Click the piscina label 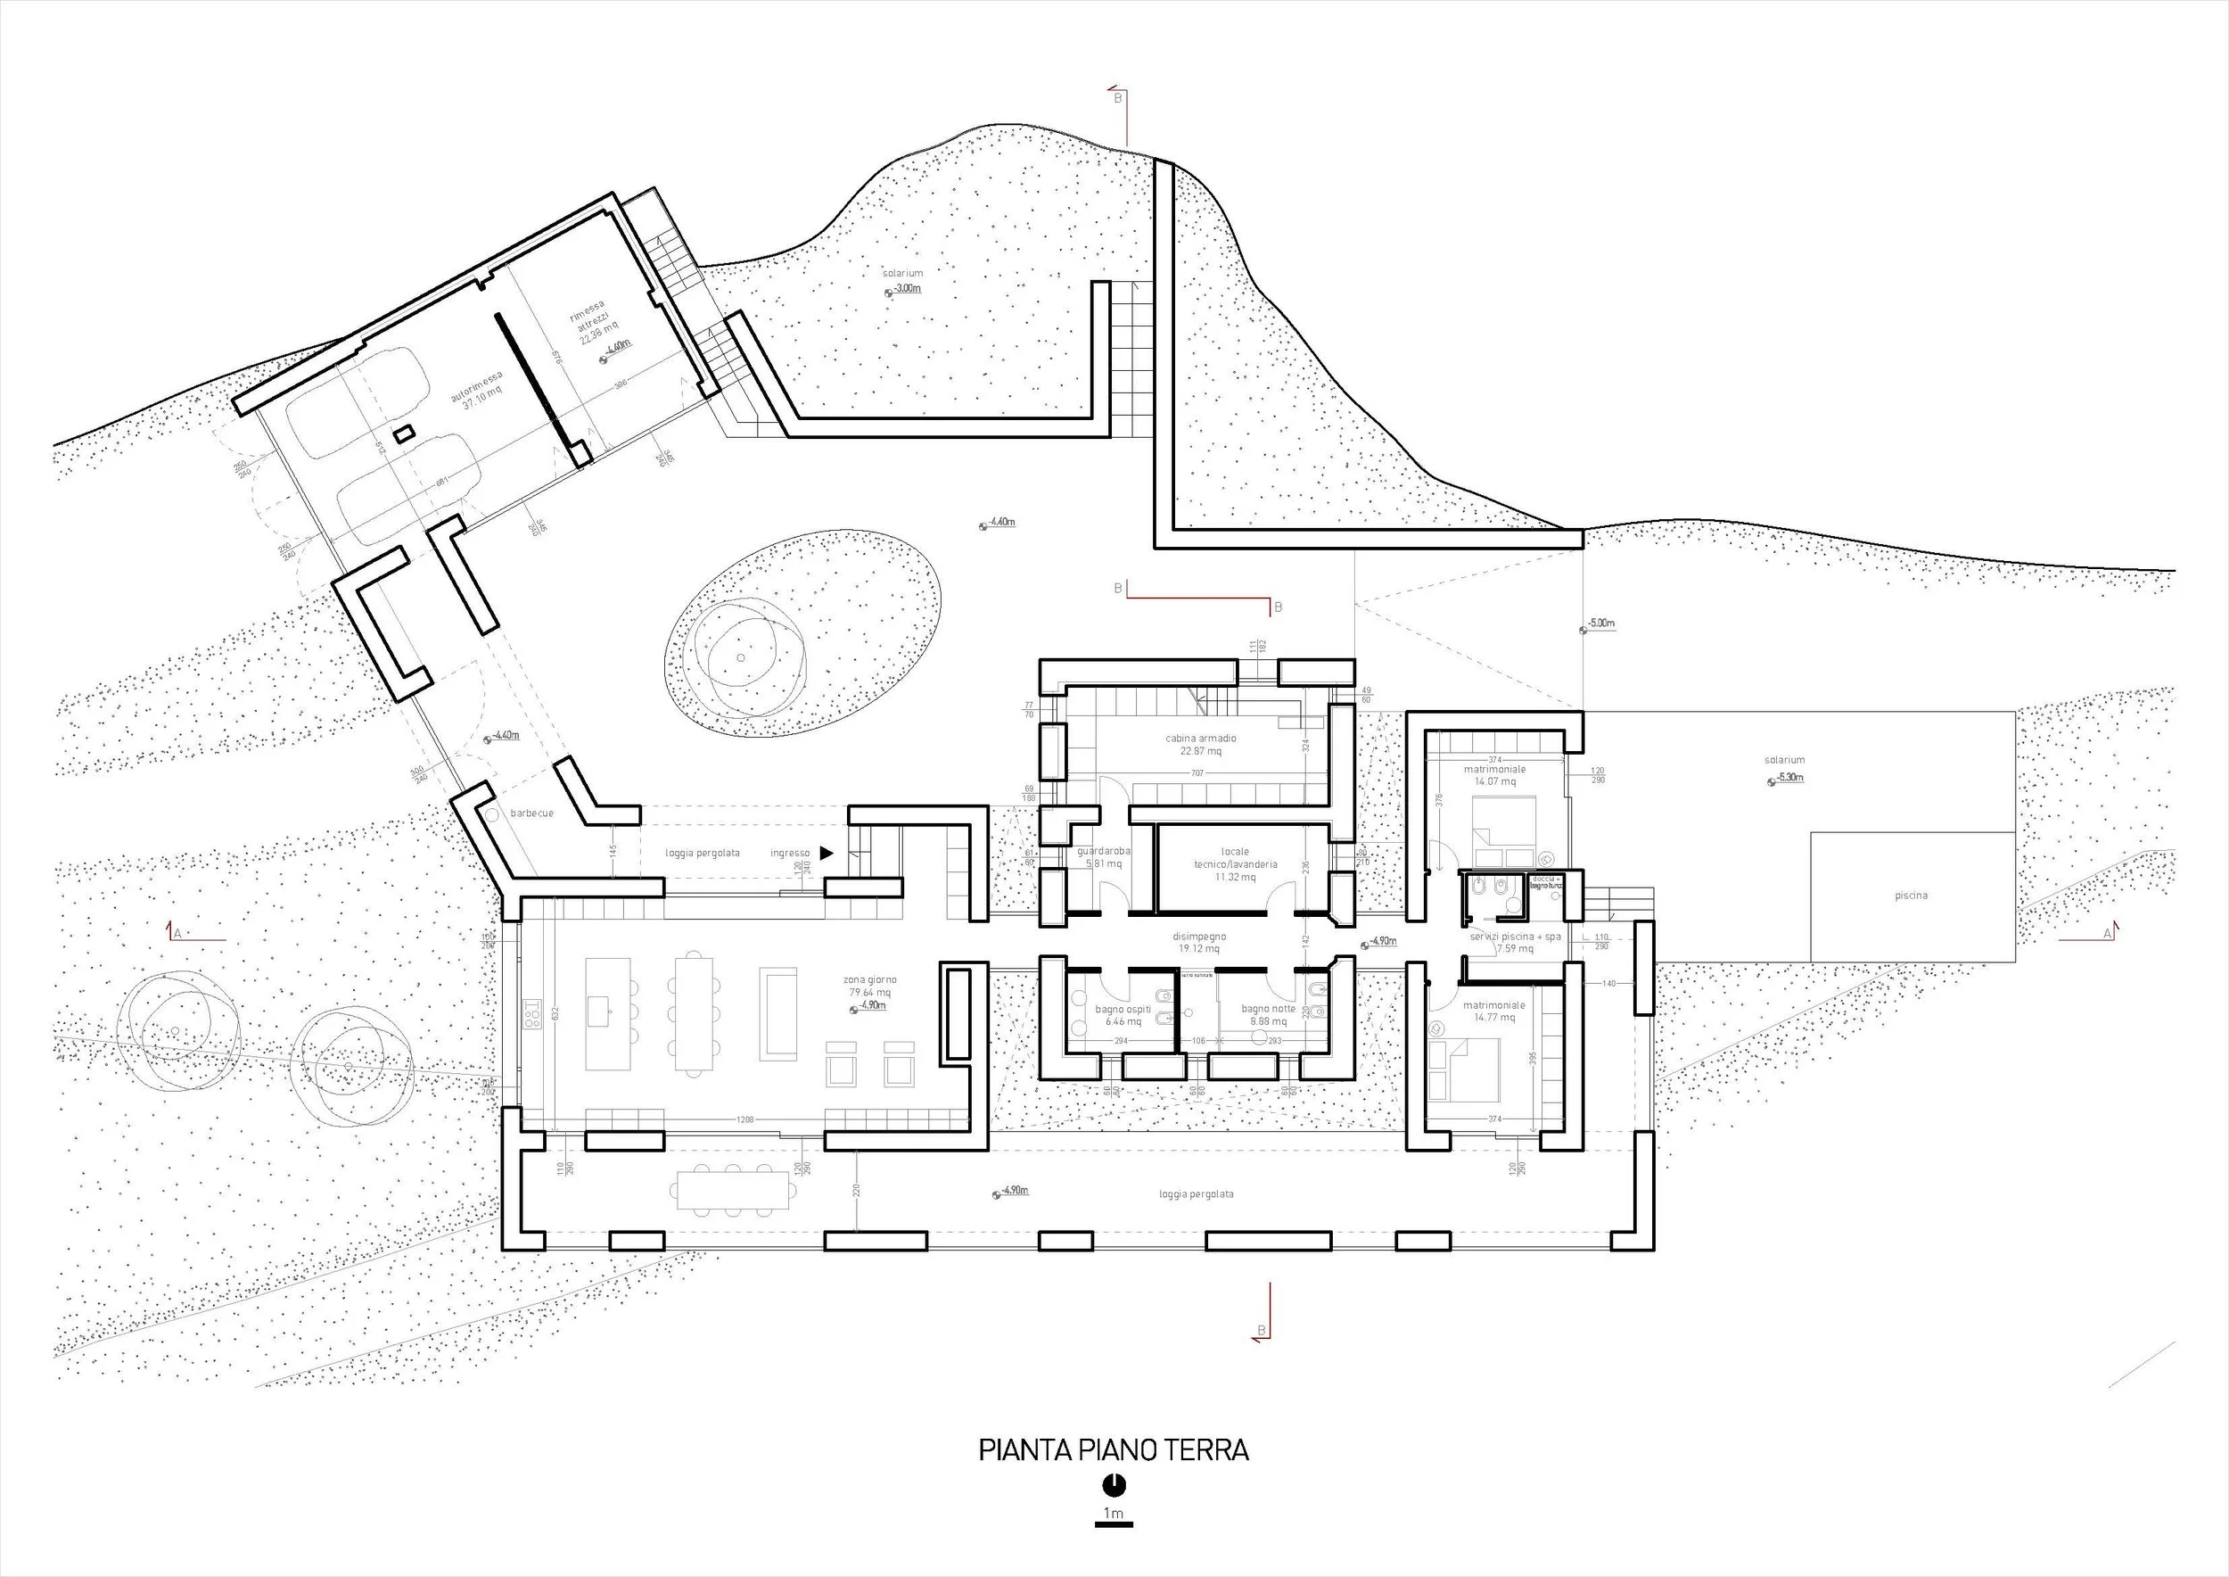pyautogui.click(x=1911, y=896)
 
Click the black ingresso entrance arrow pyautogui.click(x=827, y=853)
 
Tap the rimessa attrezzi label pyautogui.click(x=591, y=326)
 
